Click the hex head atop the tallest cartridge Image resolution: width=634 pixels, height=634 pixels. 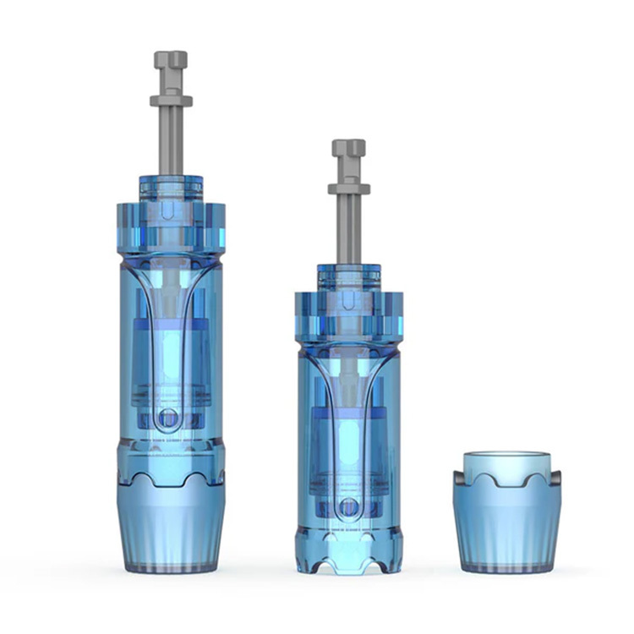coord(171,61)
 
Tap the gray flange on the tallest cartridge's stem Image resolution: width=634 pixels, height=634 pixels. coord(171,101)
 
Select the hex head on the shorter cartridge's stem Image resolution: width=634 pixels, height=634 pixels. coord(348,149)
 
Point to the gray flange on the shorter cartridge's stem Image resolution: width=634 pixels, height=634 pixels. coord(348,189)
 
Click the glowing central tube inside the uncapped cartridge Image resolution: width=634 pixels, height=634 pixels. coord(347,440)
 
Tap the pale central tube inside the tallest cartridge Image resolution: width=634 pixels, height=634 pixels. coord(170,355)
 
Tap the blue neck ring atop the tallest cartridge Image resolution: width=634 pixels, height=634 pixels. coord(171,188)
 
